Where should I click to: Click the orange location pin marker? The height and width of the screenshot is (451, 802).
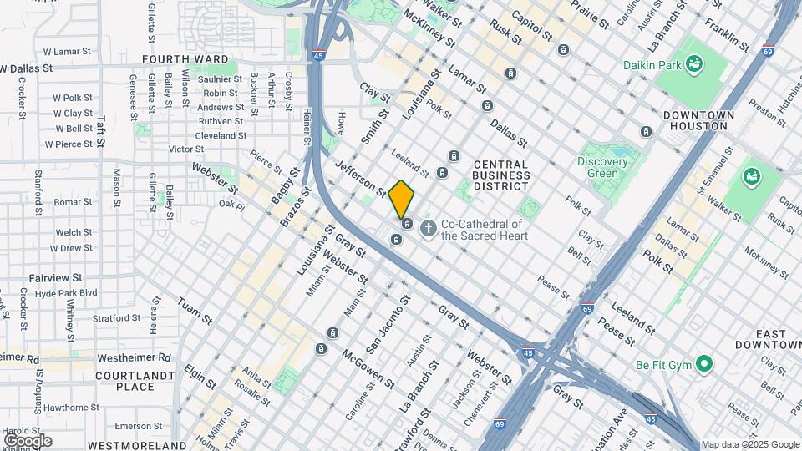click(x=401, y=199)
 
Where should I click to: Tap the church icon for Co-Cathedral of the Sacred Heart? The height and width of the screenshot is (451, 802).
click(x=429, y=227)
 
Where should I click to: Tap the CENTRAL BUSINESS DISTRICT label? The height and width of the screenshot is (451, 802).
click(x=500, y=175)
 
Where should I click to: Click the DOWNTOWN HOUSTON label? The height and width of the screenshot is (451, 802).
click(x=698, y=120)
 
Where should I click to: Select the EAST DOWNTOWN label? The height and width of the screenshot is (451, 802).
click(x=768, y=339)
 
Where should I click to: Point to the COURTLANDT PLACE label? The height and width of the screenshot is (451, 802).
click(x=135, y=381)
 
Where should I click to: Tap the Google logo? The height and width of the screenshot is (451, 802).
click(x=27, y=440)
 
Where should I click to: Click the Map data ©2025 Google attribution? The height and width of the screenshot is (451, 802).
click(x=749, y=445)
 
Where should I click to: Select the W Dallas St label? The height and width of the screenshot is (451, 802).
click(x=26, y=68)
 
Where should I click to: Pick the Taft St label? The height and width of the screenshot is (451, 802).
click(x=101, y=131)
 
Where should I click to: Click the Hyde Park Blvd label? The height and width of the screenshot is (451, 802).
click(x=67, y=293)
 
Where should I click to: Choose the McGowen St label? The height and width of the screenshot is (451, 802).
click(x=368, y=368)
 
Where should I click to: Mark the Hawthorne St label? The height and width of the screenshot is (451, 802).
click(x=71, y=408)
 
